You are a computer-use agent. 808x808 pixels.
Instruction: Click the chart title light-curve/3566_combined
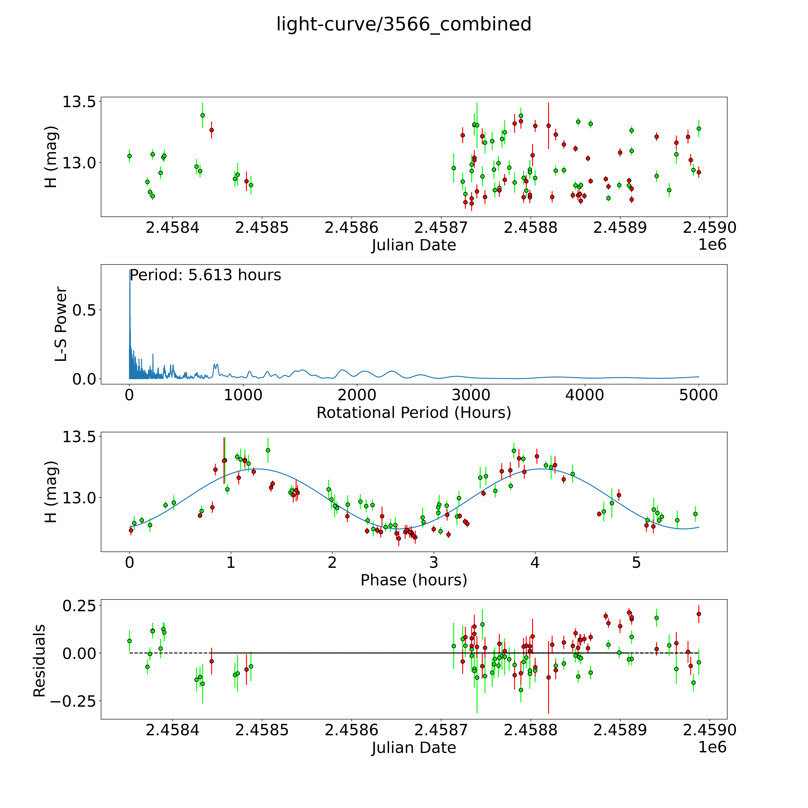point(404,24)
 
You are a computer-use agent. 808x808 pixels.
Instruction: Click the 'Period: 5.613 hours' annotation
point(205,275)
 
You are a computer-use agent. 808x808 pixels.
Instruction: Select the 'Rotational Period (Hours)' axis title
point(414,413)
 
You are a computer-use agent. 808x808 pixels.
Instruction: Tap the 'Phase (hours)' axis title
point(414,580)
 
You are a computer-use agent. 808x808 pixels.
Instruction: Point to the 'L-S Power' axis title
point(61,324)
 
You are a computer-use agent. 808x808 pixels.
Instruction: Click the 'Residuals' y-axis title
point(39,661)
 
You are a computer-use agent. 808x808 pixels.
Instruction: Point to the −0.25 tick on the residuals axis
point(73,701)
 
